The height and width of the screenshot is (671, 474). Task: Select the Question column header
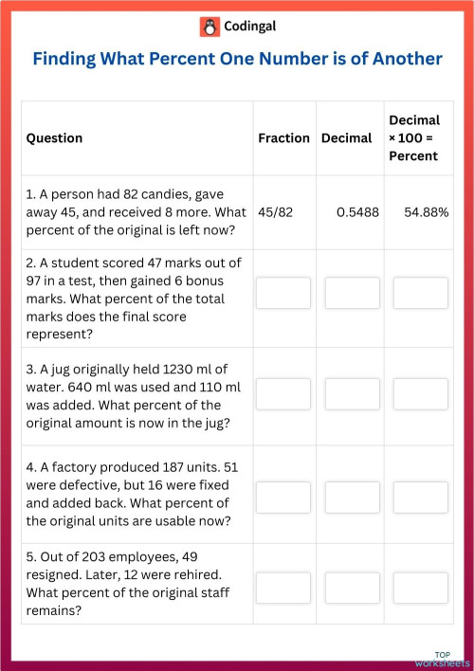(54, 138)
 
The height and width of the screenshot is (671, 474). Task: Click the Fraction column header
(283, 138)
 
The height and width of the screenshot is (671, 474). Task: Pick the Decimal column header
(346, 138)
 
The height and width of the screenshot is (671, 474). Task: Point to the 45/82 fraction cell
(275, 212)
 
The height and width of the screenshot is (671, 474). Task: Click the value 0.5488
(357, 212)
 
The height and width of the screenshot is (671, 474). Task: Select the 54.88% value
(427, 212)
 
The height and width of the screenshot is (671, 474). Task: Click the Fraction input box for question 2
(283, 293)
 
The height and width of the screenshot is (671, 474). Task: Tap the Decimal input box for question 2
(352, 293)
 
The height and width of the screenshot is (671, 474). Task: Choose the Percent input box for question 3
(420, 394)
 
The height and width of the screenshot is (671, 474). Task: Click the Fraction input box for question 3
(283, 394)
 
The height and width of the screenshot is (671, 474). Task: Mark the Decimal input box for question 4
(352, 497)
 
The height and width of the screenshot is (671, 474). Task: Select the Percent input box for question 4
(420, 497)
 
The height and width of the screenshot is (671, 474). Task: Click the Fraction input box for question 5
(283, 588)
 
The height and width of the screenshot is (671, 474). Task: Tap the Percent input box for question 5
(420, 588)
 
